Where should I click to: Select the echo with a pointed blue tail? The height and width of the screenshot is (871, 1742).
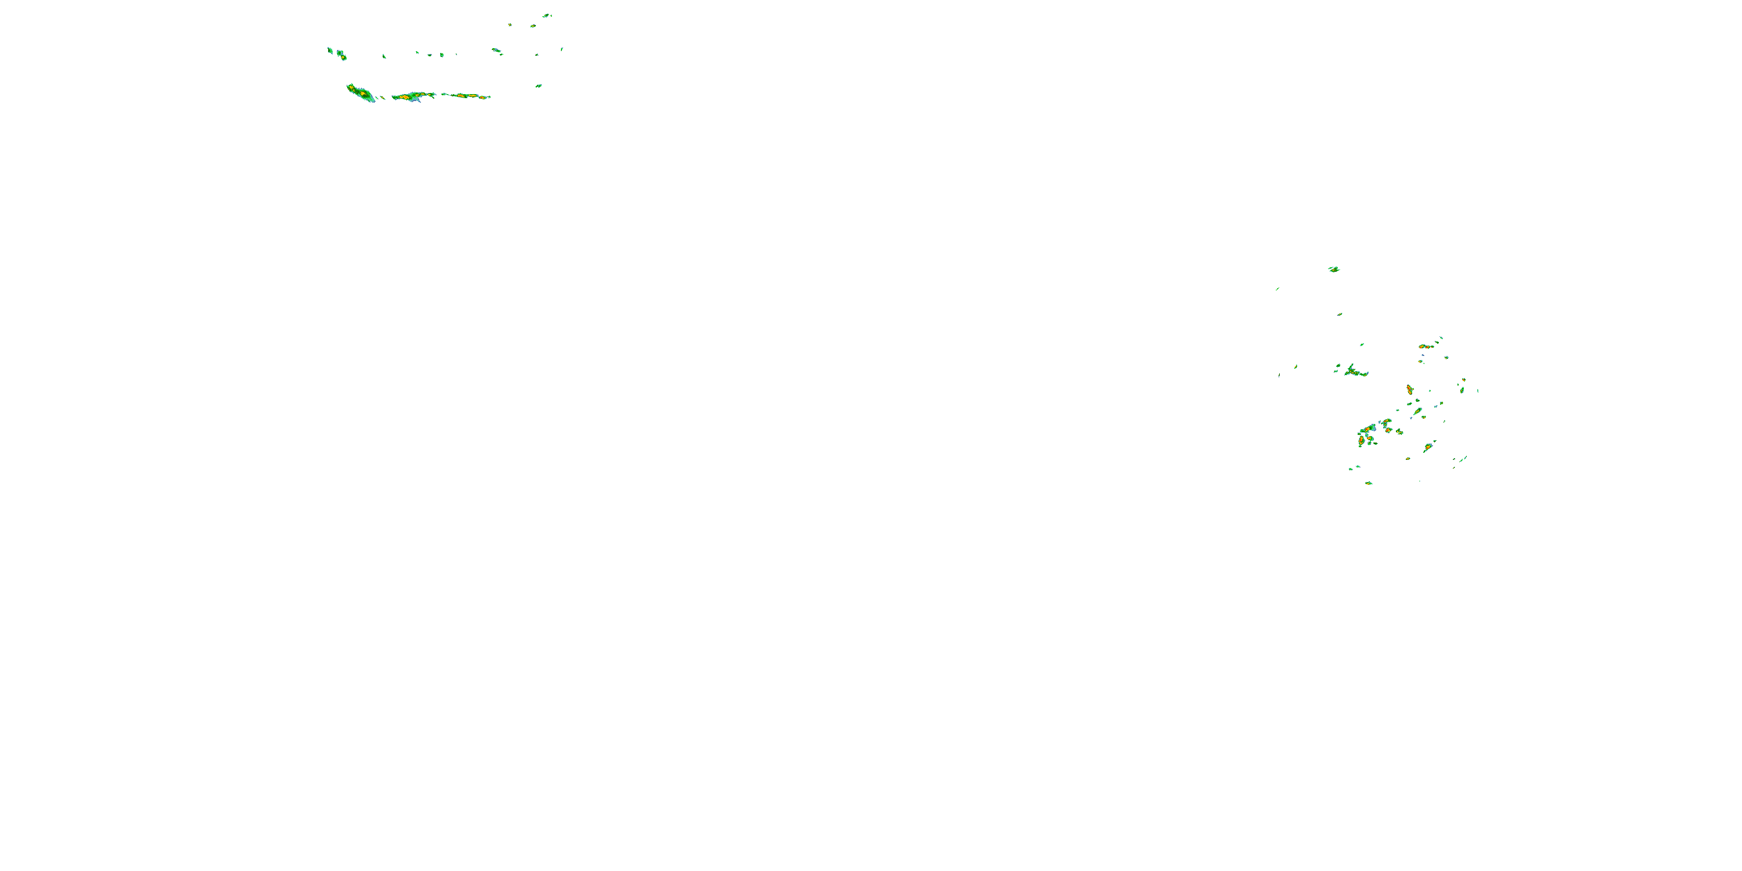[x=412, y=97]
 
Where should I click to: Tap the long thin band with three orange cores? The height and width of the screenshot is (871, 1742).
[x=465, y=96]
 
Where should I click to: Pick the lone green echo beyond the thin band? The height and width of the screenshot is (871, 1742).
[x=539, y=86]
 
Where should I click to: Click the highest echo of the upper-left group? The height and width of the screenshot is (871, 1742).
[x=546, y=15]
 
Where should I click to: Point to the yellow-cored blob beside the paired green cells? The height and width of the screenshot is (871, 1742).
[x=342, y=55]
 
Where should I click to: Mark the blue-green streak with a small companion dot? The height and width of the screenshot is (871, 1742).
[x=496, y=50]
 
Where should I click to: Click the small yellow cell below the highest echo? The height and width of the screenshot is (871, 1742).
[x=533, y=26]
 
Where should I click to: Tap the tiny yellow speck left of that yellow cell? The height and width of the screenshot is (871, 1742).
[x=510, y=24]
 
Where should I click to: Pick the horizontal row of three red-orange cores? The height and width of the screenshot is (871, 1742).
[x=1426, y=347]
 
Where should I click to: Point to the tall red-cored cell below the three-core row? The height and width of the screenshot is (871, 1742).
[x=1409, y=390]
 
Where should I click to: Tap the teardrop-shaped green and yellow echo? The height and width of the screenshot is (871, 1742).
[x=1417, y=411]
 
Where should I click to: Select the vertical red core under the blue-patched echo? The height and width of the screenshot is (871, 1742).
[x=1361, y=440]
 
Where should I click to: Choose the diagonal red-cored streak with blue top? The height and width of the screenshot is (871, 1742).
[x=1427, y=447]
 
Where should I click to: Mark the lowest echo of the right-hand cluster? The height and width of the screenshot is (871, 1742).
[x=1369, y=483]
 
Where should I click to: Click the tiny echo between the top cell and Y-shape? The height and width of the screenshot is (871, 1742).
[x=1339, y=314]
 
